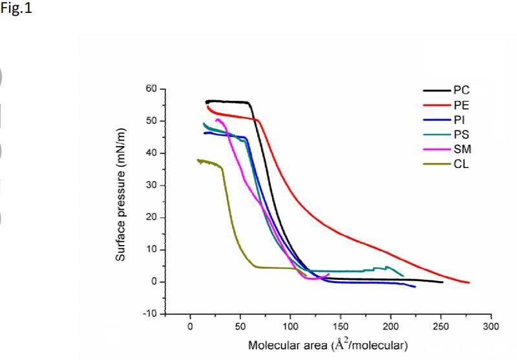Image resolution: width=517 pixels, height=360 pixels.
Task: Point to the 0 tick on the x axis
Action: (x=190, y=326)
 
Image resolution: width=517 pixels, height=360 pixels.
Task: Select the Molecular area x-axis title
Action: (x=328, y=344)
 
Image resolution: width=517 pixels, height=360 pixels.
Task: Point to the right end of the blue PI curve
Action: (x=415, y=286)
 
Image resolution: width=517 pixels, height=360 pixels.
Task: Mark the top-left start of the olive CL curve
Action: (x=198, y=160)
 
